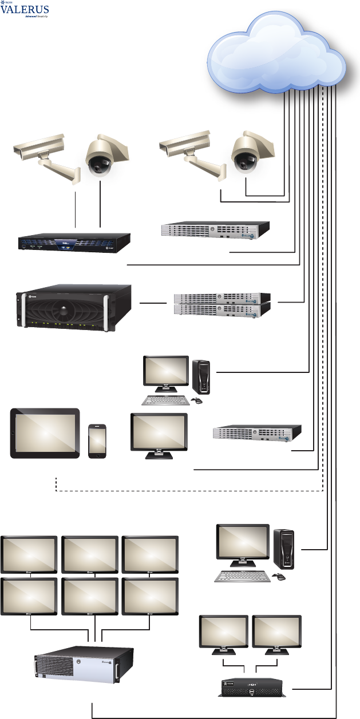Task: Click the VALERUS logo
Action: click(25, 10)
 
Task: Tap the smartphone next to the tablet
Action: click(98, 440)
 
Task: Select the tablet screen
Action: click(46, 432)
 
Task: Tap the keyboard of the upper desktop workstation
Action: click(164, 400)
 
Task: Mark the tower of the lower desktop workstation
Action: click(284, 546)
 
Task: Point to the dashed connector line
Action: click(189, 490)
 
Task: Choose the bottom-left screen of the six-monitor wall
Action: click(29, 595)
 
